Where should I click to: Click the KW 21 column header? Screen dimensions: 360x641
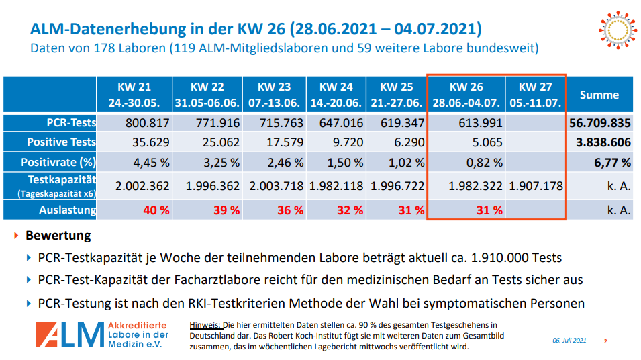tap(134, 95)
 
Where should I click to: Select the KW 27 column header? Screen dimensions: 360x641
tap(536, 95)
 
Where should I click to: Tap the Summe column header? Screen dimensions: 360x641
tap(599, 95)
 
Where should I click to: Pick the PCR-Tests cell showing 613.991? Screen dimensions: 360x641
tap(475, 123)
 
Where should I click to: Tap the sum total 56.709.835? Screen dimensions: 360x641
tap(599, 123)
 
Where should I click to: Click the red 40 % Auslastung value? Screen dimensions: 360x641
tap(156, 210)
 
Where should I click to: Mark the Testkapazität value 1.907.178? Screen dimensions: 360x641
tap(536, 186)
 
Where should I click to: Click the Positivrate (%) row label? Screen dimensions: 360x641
tap(58, 162)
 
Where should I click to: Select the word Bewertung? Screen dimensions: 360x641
tap(58, 236)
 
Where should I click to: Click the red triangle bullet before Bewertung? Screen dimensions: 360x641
tap(16, 236)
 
